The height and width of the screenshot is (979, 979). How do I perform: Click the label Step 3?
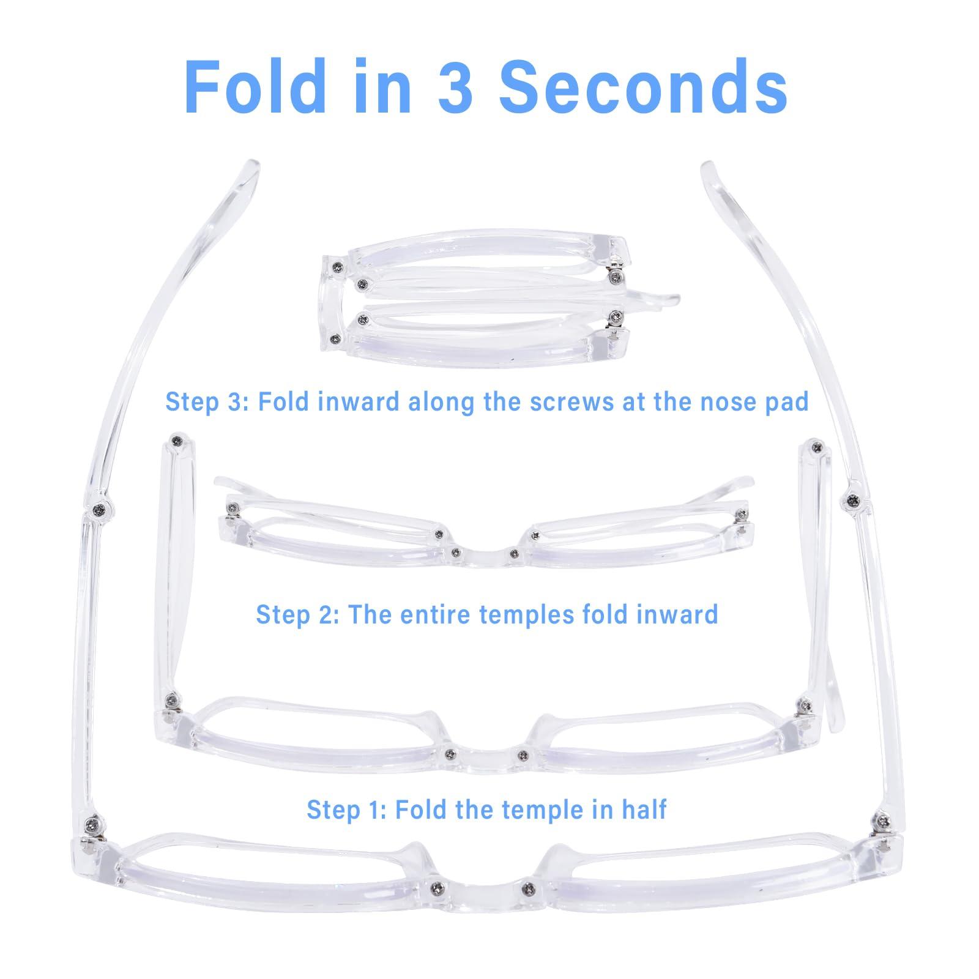206,403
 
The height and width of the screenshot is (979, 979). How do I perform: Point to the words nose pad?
751,403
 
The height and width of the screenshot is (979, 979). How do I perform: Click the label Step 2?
297,614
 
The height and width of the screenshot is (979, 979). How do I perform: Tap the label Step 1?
346,810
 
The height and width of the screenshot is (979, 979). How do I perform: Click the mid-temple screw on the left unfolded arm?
98,491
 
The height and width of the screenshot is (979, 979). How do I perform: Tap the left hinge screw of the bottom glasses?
92,821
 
